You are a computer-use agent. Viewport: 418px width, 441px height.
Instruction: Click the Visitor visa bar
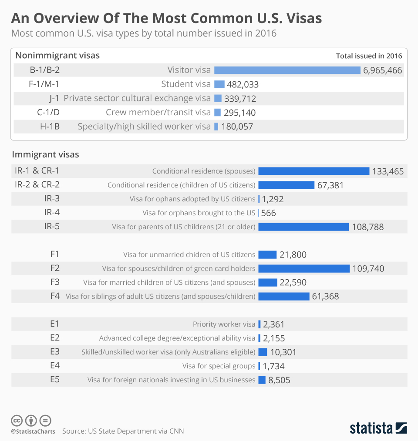[x=287, y=70]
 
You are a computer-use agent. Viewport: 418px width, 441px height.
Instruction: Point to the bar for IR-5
[x=303, y=227]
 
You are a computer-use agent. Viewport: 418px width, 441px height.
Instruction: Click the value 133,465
[x=388, y=171]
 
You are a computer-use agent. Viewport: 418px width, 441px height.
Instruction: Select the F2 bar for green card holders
[x=304, y=268]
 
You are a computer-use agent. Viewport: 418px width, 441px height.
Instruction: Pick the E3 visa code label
[x=55, y=352]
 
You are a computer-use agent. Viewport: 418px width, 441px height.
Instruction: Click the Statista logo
[x=378, y=428]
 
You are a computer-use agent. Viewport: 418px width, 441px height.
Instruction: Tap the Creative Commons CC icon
[x=17, y=421]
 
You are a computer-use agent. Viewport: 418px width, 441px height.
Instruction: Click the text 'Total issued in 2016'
[x=369, y=56]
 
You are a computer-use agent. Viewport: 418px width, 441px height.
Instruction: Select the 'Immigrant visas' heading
[x=45, y=154]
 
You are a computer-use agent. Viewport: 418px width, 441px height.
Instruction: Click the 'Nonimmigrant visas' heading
[x=57, y=55]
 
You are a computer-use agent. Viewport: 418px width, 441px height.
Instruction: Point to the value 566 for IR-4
[x=269, y=213]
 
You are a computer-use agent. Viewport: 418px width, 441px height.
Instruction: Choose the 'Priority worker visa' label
[x=224, y=324]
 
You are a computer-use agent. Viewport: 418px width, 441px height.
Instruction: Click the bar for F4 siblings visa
[x=283, y=296]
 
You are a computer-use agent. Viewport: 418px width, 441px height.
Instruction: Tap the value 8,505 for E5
[x=279, y=380]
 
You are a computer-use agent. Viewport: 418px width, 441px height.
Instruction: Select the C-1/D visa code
[x=48, y=112]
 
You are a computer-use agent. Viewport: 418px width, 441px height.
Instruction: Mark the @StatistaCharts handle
[x=33, y=431]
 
